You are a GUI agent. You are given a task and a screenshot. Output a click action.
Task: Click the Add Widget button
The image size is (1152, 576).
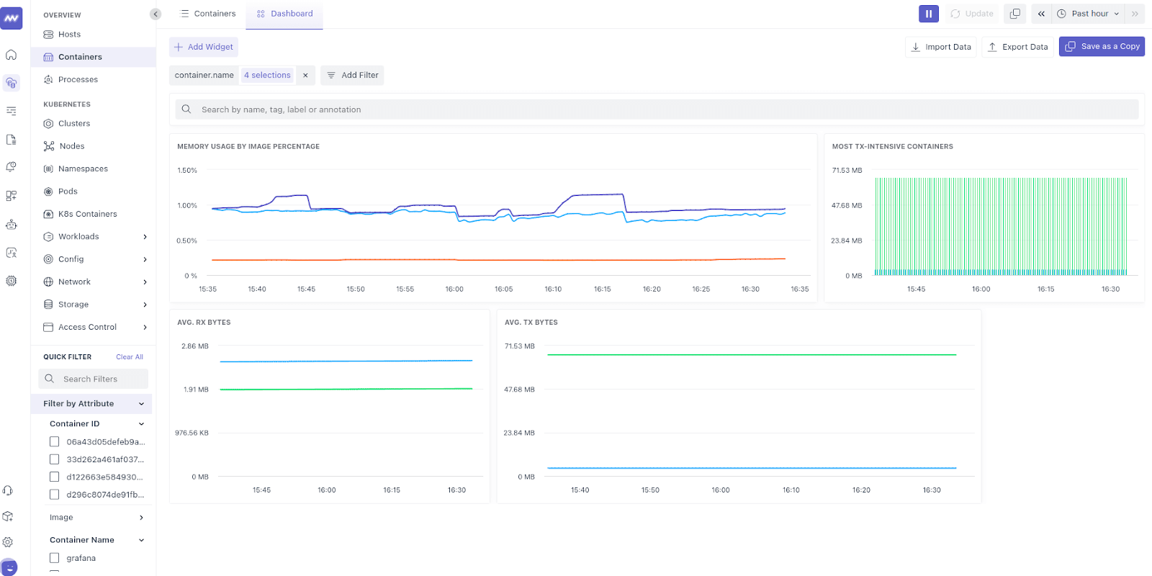(x=204, y=47)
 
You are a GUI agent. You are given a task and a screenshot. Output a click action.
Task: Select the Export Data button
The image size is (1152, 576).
(x=1017, y=47)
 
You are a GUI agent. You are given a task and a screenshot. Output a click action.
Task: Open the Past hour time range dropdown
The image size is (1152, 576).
(x=1089, y=14)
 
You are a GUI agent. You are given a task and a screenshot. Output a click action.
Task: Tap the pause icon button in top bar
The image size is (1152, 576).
(x=928, y=14)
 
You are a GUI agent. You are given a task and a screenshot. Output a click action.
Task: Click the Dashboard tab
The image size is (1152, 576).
(x=284, y=14)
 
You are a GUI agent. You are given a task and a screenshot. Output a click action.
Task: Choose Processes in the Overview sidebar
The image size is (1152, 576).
(x=78, y=80)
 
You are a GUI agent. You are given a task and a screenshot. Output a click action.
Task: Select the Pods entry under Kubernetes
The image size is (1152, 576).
(x=68, y=192)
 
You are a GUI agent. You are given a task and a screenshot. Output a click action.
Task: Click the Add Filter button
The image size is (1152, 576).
(x=352, y=75)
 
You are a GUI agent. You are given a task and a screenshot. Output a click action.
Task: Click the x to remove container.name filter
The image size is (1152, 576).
(x=305, y=75)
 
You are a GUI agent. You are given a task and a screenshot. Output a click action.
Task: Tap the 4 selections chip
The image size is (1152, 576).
(x=267, y=75)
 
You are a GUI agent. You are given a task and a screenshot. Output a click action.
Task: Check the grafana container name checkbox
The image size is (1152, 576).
(x=54, y=558)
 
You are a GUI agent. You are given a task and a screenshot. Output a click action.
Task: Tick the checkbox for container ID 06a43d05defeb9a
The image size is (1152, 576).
(x=54, y=442)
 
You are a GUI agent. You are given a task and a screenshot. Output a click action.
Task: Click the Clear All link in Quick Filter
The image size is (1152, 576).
(x=130, y=357)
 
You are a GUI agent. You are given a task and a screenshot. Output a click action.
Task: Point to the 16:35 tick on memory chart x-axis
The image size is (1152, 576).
(x=799, y=289)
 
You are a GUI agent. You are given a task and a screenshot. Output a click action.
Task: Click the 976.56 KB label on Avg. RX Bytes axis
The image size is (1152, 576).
(x=192, y=433)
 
